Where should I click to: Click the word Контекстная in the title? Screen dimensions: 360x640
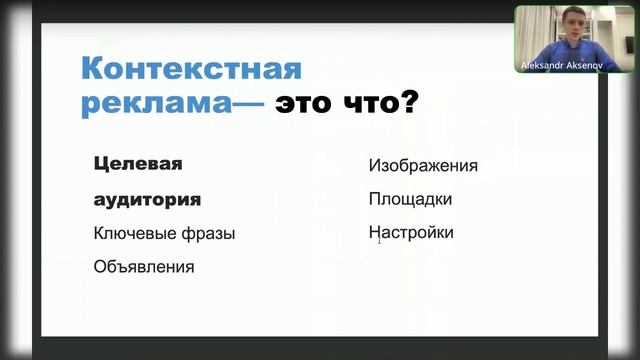tap(190, 72)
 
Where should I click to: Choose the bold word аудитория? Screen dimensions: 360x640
tap(147, 198)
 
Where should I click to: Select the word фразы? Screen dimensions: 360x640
tap(210, 234)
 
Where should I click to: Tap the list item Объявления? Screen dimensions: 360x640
tap(144, 267)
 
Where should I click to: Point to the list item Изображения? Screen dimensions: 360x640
tap(422, 166)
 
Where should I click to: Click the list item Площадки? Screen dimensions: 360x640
tap(410, 199)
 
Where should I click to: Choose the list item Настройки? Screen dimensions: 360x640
tap(411, 233)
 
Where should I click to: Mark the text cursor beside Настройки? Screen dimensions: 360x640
tap(379, 239)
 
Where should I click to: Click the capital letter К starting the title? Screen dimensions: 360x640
tap(93, 72)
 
